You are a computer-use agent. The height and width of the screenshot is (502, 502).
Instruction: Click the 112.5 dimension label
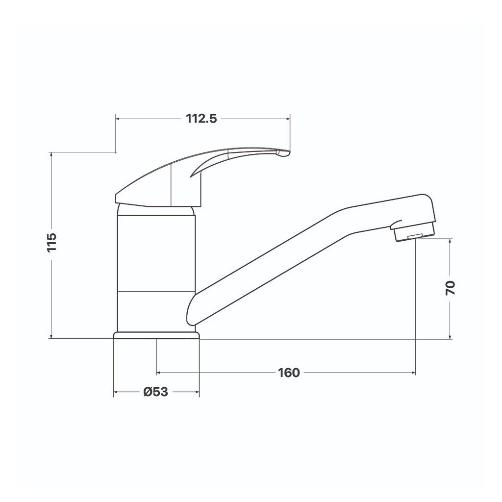point(201,119)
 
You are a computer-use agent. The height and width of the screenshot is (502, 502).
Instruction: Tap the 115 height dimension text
point(52,242)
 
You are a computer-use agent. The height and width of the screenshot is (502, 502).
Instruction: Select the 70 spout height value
point(451,288)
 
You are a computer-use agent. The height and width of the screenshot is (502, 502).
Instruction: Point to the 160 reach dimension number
point(289,373)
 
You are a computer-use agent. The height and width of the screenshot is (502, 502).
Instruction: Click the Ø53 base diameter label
point(156,392)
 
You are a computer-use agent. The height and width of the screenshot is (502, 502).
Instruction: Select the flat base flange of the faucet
point(156,335)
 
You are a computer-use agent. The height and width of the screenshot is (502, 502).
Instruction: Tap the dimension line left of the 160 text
point(216,373)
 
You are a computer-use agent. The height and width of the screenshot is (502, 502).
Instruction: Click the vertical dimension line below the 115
point(52,299)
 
